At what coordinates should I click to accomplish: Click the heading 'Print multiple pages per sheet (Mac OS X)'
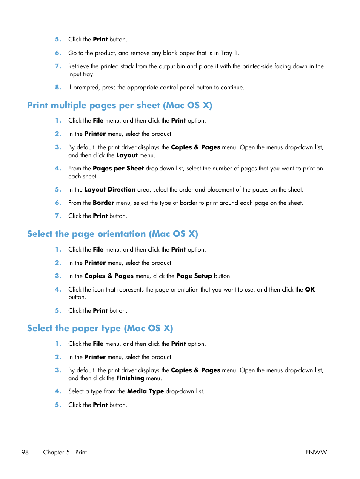tap(120, 105)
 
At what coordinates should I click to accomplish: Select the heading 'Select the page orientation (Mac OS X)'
tap(112, 234)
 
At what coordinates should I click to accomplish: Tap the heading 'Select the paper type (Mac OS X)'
tap(100, 328)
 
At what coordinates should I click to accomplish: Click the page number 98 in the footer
tap(25, 452)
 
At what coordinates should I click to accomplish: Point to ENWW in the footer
tap(316, 452)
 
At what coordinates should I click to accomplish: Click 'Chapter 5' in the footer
tap(56, 452)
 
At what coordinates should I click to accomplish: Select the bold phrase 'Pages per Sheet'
tap(118, 168)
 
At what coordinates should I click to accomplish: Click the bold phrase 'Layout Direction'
tap(110, 189)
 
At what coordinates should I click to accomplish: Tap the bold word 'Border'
tap(103, 203)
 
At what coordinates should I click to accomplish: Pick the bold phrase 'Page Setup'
tap(194, 276)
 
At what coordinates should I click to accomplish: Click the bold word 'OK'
tap(310, 289)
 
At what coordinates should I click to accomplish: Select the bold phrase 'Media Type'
tap(145, 391)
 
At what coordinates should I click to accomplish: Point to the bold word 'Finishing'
tap(130, 378)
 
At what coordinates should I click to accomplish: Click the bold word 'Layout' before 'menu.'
tap(127, 155)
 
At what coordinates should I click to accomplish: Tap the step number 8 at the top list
tap(58, 87)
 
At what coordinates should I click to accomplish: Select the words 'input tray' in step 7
tap(80, 74)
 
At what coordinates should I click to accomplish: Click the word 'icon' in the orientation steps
tap(98, 289)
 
